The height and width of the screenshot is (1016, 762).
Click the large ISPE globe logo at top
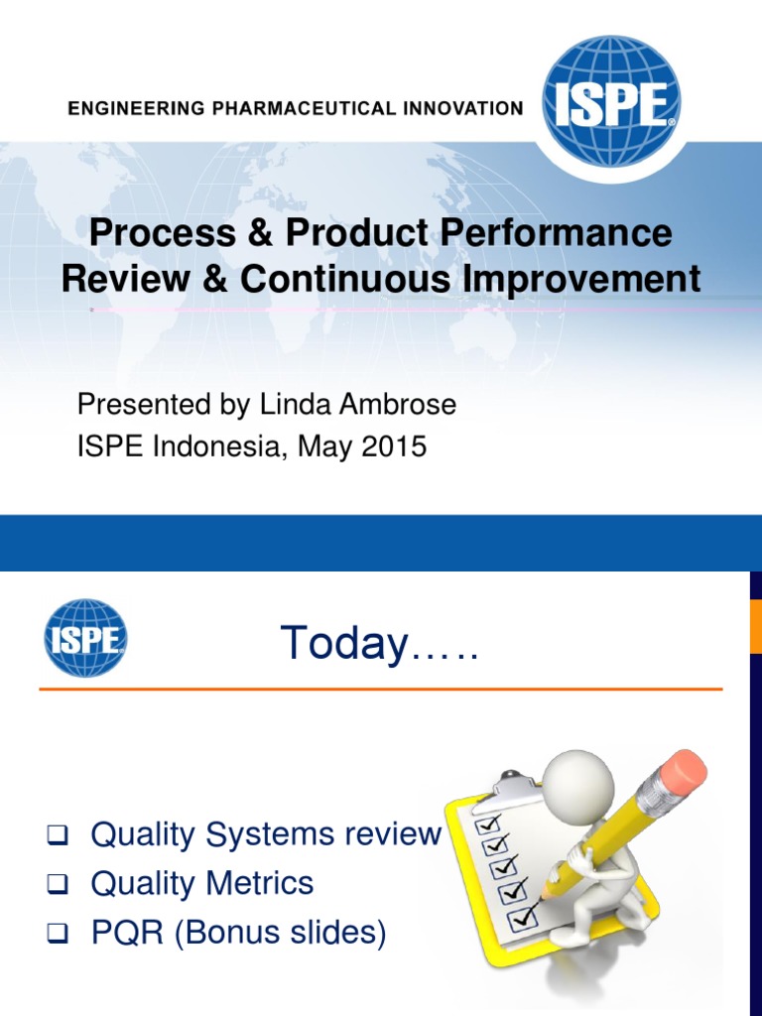(612, 101)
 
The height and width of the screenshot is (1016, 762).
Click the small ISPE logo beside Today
(85, 638)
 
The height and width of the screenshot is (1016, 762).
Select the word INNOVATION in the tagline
(462, 109)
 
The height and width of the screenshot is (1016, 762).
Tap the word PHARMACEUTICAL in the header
(309, 109)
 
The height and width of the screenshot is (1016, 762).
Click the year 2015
(394, 447)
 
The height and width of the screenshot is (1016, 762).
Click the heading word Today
(343, 644)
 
